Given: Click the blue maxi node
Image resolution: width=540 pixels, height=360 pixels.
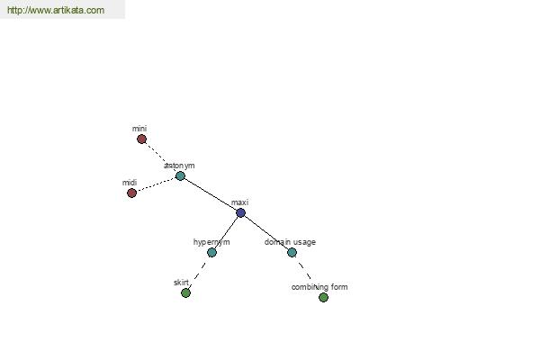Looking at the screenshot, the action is tap(240, 213).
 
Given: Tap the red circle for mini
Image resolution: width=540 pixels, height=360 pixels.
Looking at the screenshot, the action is tap(141, 139).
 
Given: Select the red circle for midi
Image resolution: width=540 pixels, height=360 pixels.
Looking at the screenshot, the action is tap(131, 193).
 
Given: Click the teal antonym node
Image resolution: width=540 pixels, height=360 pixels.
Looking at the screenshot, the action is tap(180, 176).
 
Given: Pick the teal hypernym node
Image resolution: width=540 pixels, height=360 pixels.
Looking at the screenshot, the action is tap(211, 253).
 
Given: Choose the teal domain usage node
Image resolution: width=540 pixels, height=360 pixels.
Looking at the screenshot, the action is tap(292, 253).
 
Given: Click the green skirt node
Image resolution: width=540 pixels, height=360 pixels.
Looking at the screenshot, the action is tap(185, 293).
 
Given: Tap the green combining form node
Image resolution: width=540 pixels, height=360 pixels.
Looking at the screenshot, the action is tap(323, 297).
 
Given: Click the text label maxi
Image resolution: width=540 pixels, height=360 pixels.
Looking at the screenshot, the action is tap(239, 202).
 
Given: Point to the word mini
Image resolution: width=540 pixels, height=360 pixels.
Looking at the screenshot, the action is tap(139, 129).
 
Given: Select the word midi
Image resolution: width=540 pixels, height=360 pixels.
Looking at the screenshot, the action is tap(130, 182).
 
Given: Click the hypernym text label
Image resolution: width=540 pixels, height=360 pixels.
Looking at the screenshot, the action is tap(211, 242).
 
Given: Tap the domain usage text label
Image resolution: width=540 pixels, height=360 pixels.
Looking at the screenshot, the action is tap(290, 242).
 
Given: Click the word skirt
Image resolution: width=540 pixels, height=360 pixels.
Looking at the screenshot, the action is tap(181, 283).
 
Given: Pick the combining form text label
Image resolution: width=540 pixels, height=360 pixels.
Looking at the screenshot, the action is tap(319, 287).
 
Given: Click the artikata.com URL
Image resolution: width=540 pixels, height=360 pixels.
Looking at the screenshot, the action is tap(56, 10).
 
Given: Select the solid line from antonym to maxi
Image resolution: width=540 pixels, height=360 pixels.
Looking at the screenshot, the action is tap(211, 194).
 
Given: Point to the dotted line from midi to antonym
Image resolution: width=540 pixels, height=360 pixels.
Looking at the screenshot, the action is tap(156, 184).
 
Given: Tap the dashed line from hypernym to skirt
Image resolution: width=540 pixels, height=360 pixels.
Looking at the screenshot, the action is tap(199, 273).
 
